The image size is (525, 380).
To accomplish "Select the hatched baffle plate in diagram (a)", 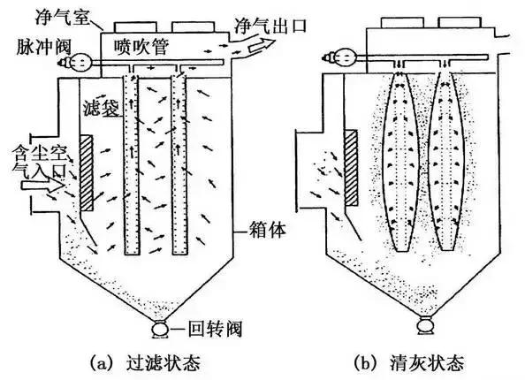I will click(x=85, y=172).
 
